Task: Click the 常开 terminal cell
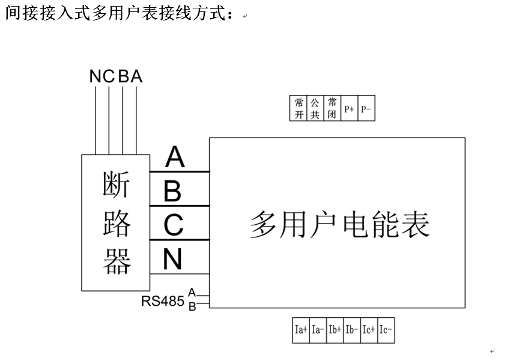(299, 108)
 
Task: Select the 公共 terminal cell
(315, 108)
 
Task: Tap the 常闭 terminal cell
(332, 108)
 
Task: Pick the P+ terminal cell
(349, 109)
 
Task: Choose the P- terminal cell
(366, 109)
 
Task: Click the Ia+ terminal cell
(301, 330)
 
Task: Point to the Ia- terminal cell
(318, 330)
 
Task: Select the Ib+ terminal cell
(335, 330)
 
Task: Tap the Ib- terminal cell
(352, 330)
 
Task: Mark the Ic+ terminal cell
(369, 330)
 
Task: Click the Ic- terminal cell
(386, 330)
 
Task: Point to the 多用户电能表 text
(339, 225)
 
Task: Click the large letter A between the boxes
(175, 157)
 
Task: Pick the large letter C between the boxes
(173, 226)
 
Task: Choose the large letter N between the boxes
(172, 260)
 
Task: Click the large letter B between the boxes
(172, 192)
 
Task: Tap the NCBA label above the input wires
(116, 76)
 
